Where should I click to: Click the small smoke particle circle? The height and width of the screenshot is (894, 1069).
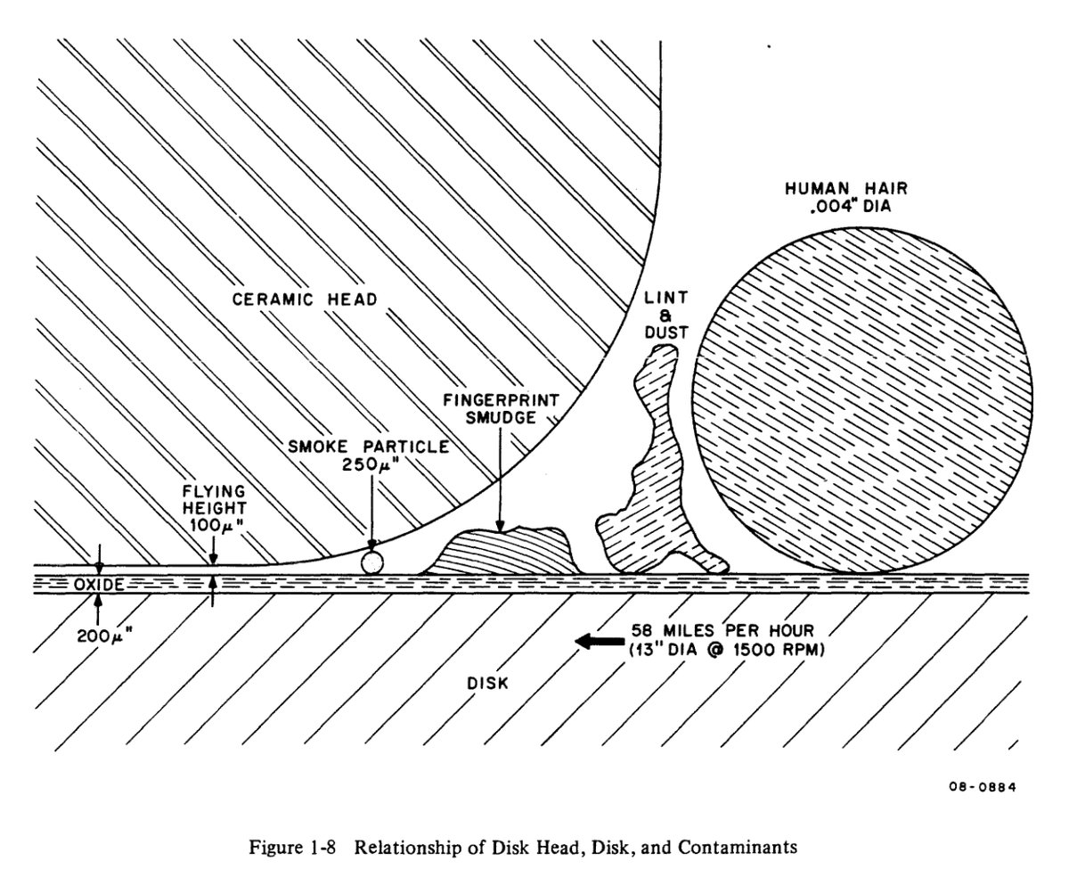click(x=371, y=562)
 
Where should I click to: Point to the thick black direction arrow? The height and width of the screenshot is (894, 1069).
click(x=600, y=640)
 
